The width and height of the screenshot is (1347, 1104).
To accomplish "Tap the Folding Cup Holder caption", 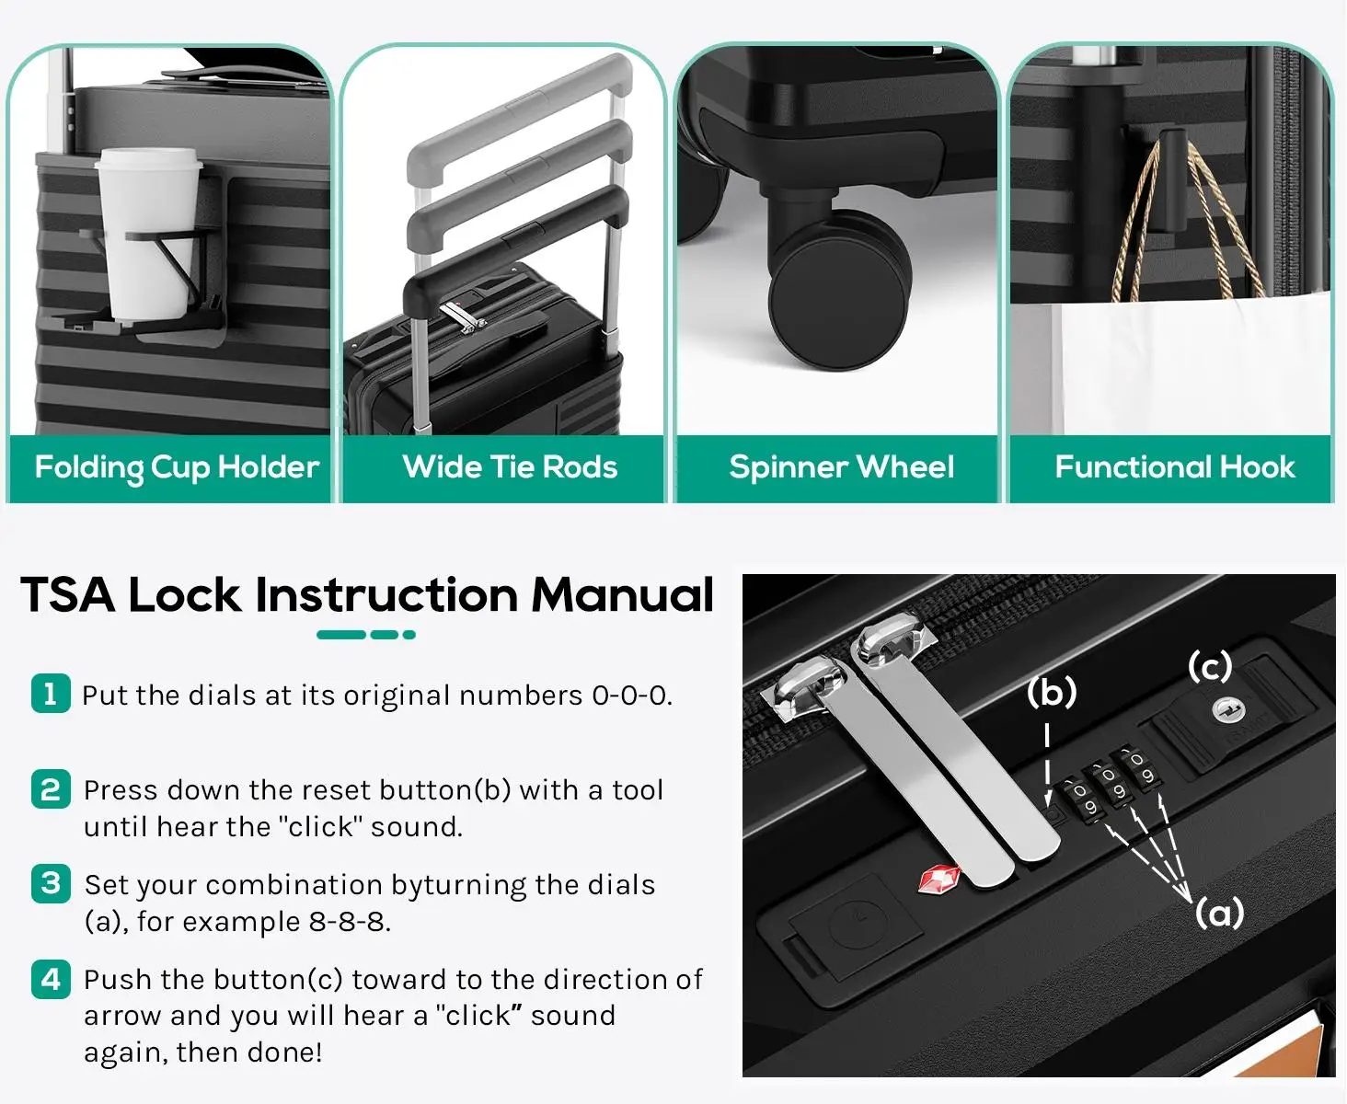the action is coord(177,467).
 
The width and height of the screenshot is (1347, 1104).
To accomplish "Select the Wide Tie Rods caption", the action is coord(510,466).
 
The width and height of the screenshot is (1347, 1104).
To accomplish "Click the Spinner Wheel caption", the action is coord(842,466).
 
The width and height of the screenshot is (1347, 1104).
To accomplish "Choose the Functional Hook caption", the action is coord(1175,466).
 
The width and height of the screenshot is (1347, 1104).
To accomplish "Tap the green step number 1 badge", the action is coord(51,694).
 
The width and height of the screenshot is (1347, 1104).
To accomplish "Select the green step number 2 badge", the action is coord(51,789).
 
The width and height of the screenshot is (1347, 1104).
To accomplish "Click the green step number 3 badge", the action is coord(51,884).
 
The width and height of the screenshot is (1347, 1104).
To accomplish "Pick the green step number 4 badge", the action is coord(51,980).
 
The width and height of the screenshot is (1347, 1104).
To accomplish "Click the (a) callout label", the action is coord(1219,913).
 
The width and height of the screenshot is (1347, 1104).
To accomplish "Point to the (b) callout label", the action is coord(1052,692).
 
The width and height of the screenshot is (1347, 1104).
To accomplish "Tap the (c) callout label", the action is coord(1210,667).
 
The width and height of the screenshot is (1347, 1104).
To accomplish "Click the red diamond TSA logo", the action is coord(938,880).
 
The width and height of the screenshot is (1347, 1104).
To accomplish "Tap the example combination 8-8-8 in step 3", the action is coord(349,922).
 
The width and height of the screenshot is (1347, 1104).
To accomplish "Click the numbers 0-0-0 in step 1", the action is coord(631,696).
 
